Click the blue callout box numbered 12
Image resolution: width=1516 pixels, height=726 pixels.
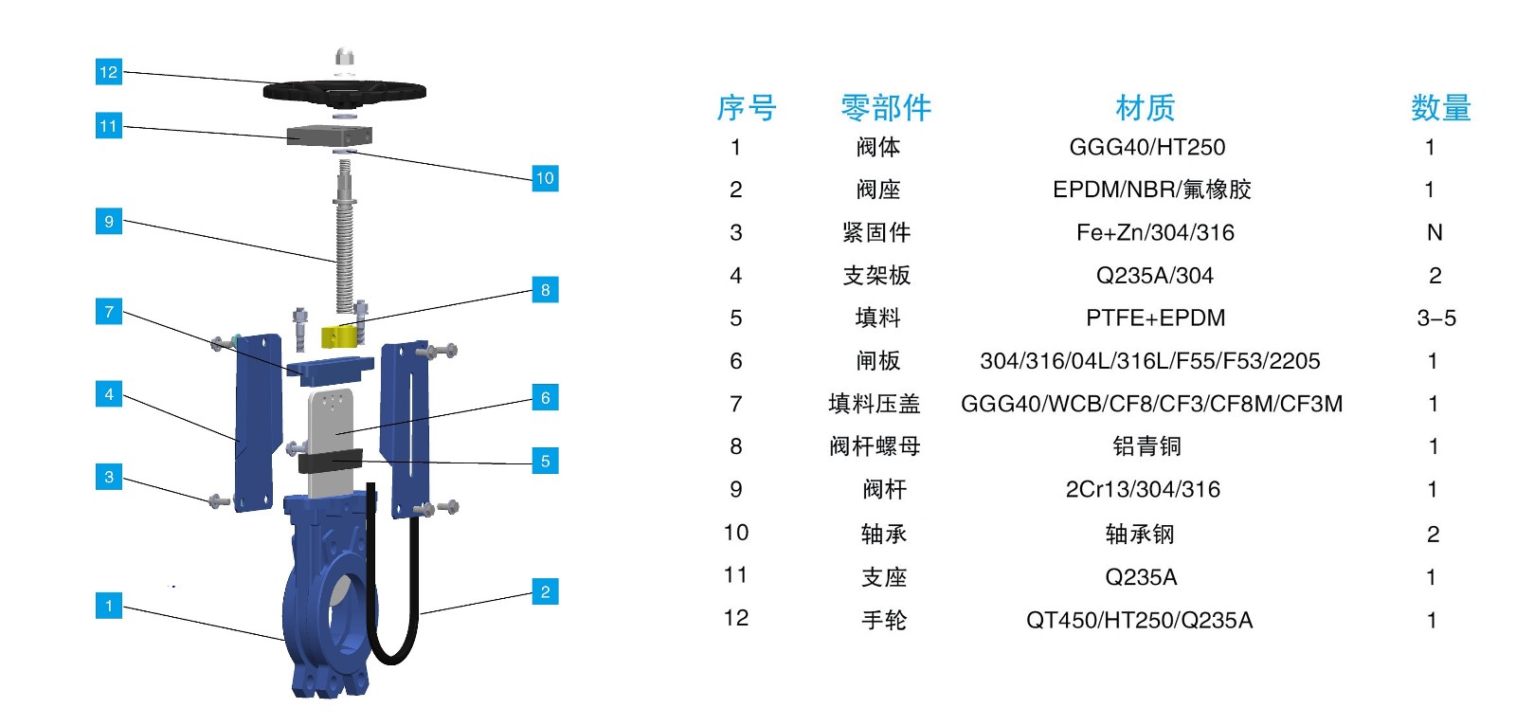[109, 72]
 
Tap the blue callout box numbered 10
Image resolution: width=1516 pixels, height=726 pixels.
[545, 178]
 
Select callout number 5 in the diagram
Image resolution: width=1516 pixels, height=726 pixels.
[545, 462]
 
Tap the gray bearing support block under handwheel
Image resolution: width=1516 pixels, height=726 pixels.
[329, 135]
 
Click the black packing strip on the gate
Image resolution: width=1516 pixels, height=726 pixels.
[330, 462]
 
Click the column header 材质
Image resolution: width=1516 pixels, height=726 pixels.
[1145, 108]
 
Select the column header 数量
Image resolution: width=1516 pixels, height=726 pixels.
[1440, 108]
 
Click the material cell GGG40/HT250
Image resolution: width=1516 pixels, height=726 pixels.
[1146, 148]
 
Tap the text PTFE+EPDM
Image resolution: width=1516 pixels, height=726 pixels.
[1155, 318]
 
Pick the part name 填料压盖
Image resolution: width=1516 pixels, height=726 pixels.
[874, 405]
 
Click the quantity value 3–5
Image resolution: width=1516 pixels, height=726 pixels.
[1435, 318]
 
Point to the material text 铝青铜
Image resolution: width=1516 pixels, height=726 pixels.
[1146, 446]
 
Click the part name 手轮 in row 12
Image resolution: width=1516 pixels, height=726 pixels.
[883, 621]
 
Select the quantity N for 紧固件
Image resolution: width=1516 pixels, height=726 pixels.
[1435, 233]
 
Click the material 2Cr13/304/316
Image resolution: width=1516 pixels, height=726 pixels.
[1143, 490]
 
